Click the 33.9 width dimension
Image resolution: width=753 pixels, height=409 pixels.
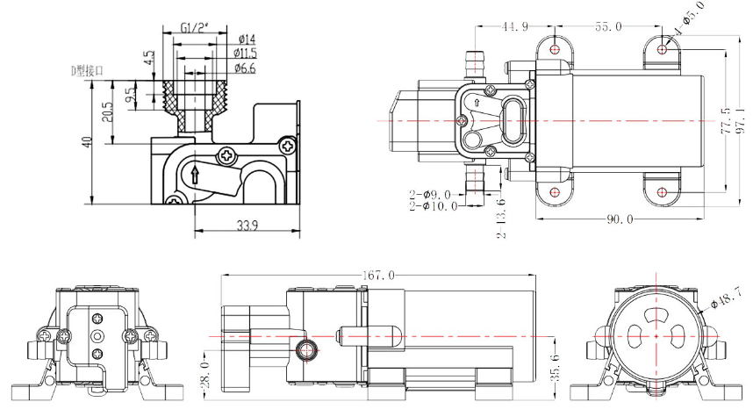247,226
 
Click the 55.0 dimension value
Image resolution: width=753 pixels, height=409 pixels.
608,27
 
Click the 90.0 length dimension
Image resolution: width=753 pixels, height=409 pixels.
617,219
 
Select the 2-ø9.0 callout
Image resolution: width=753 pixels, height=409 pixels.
431,194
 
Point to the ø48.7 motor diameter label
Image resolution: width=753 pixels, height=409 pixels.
727,297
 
